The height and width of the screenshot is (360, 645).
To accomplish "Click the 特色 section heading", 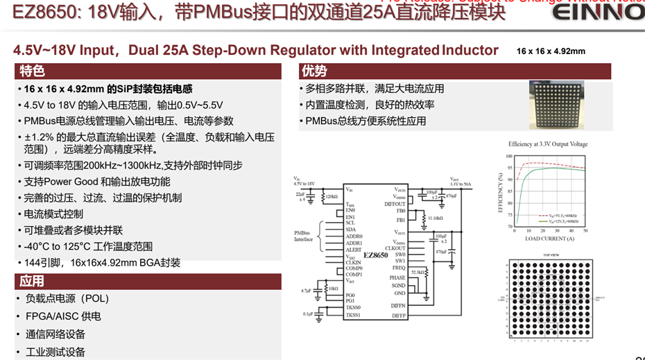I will click(32, 71).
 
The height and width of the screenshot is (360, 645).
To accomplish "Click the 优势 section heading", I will click(313, 71).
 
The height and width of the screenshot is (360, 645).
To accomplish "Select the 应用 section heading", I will click(32, 281).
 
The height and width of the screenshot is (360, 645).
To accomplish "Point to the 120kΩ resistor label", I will click(331, 197).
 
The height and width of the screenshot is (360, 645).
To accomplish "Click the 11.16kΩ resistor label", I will click(436, 218).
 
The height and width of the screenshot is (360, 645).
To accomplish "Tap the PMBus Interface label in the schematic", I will click(304, 236).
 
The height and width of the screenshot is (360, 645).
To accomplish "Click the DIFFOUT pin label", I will click(395, 203).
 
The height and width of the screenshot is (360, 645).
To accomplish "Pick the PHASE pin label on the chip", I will click(397, 277).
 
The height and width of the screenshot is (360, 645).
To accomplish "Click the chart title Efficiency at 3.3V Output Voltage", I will click(547, 144).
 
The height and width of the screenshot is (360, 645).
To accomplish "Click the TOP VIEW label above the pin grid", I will click(548, 255).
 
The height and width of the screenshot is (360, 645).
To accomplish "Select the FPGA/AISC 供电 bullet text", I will click(62, 316).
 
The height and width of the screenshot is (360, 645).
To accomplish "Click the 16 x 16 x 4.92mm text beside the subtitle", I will click(551, 51).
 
